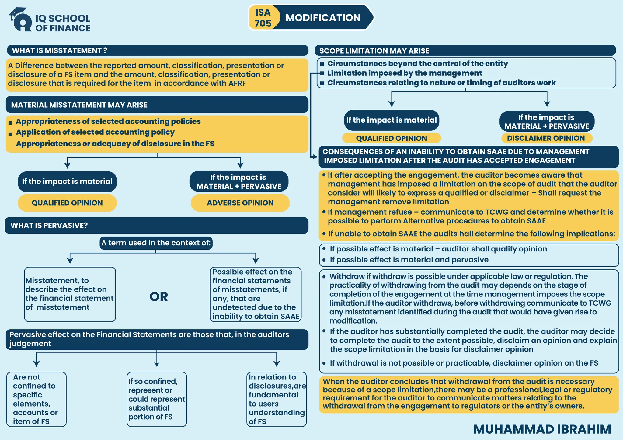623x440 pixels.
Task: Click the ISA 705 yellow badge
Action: coord(263,18)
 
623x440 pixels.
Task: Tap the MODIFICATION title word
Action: coord(323,18)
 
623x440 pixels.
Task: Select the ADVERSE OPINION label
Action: coord(240,203)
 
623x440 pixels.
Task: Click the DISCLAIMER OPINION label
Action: coord(546,138)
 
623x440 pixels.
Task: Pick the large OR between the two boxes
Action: coord(158,297)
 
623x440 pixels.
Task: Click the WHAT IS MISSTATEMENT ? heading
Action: coord(59,50)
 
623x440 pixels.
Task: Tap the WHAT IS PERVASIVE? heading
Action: coord(49,225)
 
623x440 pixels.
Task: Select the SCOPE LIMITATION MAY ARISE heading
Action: coord(374,51)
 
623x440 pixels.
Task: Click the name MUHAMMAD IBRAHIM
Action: coord(542,429)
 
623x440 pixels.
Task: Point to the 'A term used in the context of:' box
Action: coord(156,243)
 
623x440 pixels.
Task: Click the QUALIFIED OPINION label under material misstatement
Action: coord(67,203)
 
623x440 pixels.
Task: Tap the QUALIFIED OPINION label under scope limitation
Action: coord(391,138)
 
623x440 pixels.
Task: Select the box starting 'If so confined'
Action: coord(156,399)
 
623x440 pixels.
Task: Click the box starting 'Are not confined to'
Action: coord(36,399)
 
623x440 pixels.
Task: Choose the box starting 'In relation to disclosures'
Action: coord(276,399)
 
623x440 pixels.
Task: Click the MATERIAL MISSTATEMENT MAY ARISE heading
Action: coord(79,105)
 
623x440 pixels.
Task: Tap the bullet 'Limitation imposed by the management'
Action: coord(404,73)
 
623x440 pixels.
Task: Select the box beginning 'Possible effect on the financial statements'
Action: coord(256,294)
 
